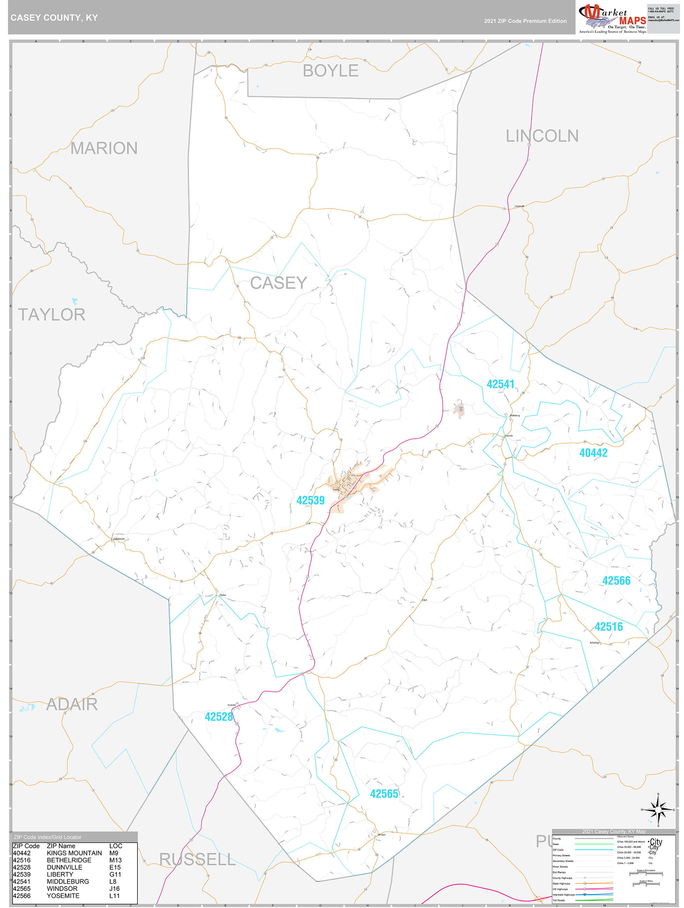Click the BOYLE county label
331,71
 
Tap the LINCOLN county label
542,136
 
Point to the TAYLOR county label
52,315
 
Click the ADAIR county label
72,704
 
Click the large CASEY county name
278,283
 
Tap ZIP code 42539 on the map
310,500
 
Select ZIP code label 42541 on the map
500,384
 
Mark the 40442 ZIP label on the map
593,453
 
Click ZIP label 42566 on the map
616,581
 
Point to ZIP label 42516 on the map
609,627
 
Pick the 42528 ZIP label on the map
219,717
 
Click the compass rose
658,810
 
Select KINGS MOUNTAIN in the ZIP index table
74,853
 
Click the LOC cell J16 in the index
114,889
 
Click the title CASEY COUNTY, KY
54,18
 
